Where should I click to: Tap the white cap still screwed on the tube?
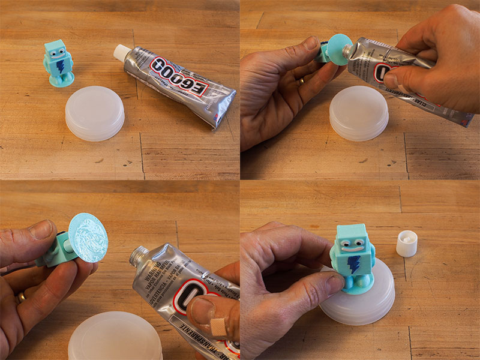click(122, 52)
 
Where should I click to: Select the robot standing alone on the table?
click(58, 62)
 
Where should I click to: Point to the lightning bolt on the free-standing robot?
click(60, 65)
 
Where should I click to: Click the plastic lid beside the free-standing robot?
click(95, 113)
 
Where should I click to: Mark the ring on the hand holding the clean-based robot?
click(301, 80)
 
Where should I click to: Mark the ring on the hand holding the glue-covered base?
click(20, 297)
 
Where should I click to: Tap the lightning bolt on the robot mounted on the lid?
click(355, 263)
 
